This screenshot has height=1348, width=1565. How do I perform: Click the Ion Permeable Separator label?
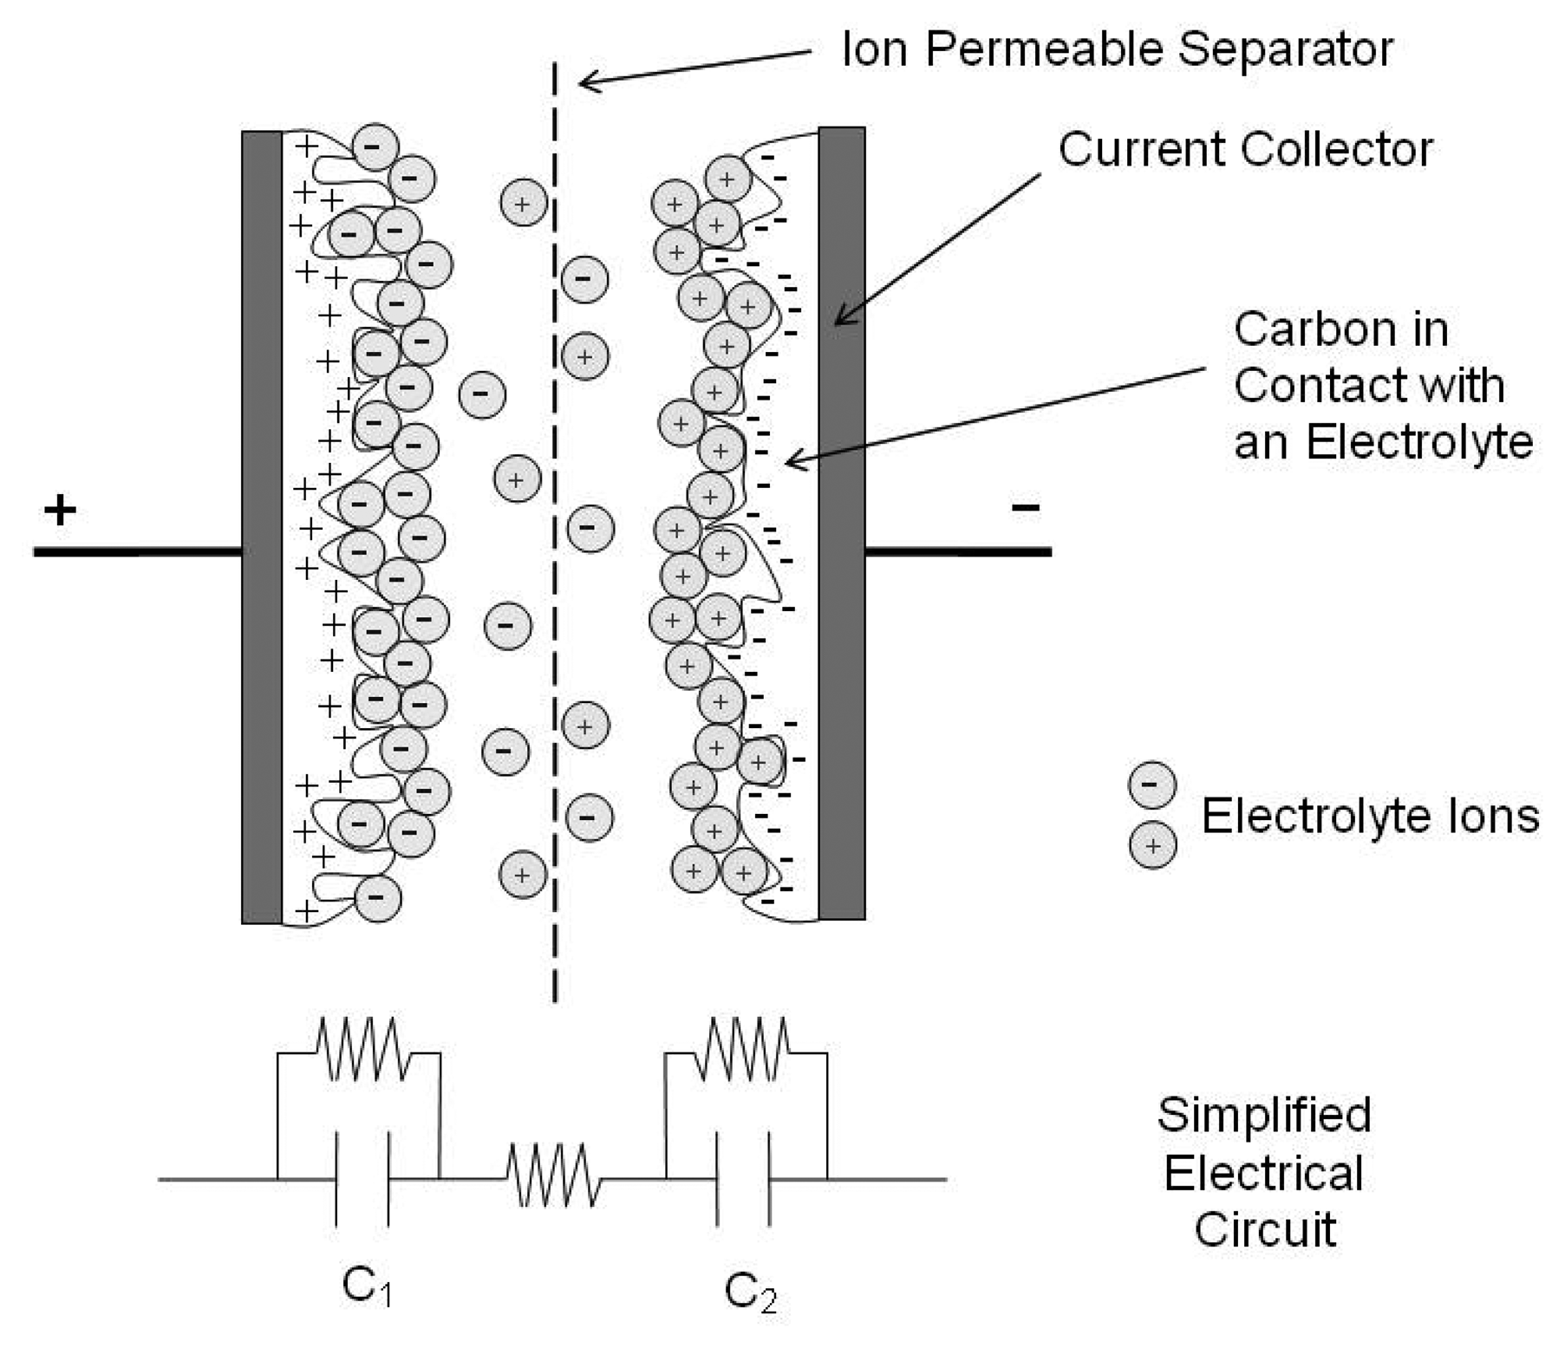1117,49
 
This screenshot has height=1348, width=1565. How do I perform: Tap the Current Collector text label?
1244,149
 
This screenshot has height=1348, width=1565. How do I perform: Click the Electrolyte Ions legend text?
1369,816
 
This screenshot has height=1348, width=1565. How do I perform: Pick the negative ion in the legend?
1151,785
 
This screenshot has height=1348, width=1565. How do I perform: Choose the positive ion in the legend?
1152,845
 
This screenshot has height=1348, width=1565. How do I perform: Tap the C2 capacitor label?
749,1293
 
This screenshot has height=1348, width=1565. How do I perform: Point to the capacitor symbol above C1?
362,1178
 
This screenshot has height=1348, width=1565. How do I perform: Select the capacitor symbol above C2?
743,1178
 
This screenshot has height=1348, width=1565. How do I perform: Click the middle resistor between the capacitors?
553,1175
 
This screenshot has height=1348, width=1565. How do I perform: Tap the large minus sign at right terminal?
1025,507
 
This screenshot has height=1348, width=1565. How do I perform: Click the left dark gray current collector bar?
261,527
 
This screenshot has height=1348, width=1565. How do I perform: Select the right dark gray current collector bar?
841,524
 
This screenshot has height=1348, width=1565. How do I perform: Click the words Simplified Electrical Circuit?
1263,1173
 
